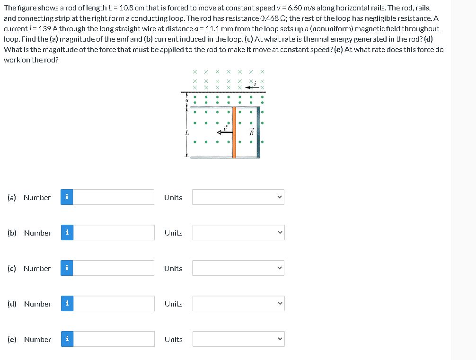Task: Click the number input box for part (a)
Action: click(114, 197)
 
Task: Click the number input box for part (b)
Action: click(114, 233)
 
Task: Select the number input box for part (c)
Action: click(114, 268)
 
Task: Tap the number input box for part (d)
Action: click(114, 304)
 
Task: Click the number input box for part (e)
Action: click(114, 339)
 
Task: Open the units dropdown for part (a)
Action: click(238, 197)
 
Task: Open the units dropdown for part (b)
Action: click(238, 233)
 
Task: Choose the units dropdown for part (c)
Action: click(238, 268)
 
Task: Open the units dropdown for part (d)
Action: click(238, 304)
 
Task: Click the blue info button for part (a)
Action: click(67, 197)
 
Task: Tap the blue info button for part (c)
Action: click(67, 268)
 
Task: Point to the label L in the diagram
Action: click(187, 133)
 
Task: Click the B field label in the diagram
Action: click(252, 132)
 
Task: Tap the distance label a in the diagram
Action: click(187, 100)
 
